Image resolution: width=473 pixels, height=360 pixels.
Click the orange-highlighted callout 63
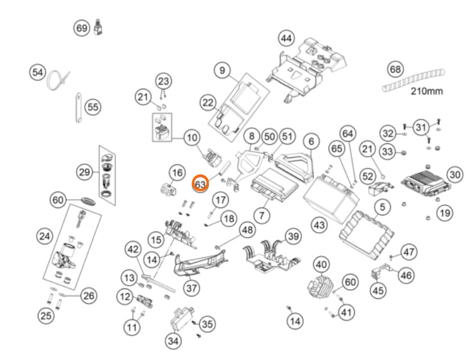click(200, 184)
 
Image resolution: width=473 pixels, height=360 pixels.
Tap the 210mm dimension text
click(427, 91)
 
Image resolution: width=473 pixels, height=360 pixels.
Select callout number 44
click(286, 38)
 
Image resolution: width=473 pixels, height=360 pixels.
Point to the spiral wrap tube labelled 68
click(413, 80)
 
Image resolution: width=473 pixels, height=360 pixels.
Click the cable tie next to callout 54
click(57, 79)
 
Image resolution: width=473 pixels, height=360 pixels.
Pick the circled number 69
click(82, 28)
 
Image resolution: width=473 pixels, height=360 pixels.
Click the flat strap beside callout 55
click(79, 107)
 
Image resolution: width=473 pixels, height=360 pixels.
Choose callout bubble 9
click(222, 70)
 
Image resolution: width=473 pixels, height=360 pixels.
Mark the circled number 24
click(44, 236)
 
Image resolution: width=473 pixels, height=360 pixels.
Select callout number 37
click(191, 288)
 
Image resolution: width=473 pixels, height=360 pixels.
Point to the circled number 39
click(294, 236)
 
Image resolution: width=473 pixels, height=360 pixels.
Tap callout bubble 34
click(173, 341)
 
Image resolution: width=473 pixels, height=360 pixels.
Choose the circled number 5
click(382, 207)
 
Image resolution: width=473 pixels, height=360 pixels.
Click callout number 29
click(84, 172)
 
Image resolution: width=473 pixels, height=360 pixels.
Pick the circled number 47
click(409, 252)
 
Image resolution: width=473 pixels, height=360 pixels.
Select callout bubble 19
click(445, 213)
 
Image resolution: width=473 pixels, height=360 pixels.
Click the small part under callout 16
click(167, 188)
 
